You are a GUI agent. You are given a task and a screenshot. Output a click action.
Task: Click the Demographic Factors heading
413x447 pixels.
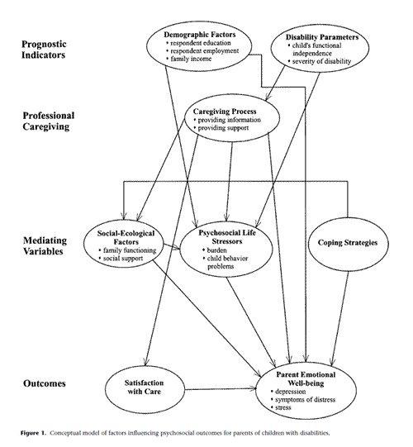(x=200, y=35)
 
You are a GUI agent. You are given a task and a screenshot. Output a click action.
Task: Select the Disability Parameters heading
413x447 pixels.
(x=322, y=37)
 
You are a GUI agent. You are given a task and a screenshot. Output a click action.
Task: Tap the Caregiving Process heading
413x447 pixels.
(x=225, y=112)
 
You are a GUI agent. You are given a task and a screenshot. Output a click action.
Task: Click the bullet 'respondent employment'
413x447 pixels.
(x=202, y=51)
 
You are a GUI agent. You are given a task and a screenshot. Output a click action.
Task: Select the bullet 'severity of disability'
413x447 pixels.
(x=319, y=61)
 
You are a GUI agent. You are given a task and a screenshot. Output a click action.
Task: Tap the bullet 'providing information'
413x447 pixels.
(x=227, y=120)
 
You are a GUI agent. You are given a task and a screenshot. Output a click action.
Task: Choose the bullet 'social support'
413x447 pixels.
(x=121, y=259)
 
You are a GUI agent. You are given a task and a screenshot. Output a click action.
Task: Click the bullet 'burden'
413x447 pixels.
(x=215, y=250)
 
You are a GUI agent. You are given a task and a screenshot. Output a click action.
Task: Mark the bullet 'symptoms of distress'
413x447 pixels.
(x=303, y=399)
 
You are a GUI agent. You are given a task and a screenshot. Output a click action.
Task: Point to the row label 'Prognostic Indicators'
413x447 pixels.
(x=44, y=50)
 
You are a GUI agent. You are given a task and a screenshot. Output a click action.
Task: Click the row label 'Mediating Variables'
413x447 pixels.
(x=45, y=245)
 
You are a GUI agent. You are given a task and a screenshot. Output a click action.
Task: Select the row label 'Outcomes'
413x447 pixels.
(x=44, y=383)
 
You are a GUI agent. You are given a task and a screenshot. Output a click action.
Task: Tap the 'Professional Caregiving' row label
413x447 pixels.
(x=49, y=121)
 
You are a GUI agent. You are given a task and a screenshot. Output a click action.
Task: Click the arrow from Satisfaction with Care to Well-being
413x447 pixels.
(x=221, y=388)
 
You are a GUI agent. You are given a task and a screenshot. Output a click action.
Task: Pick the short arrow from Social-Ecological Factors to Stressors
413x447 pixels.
(x=173, y=247)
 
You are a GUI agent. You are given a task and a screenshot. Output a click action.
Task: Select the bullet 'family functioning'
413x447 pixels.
(x=127, y=250)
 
